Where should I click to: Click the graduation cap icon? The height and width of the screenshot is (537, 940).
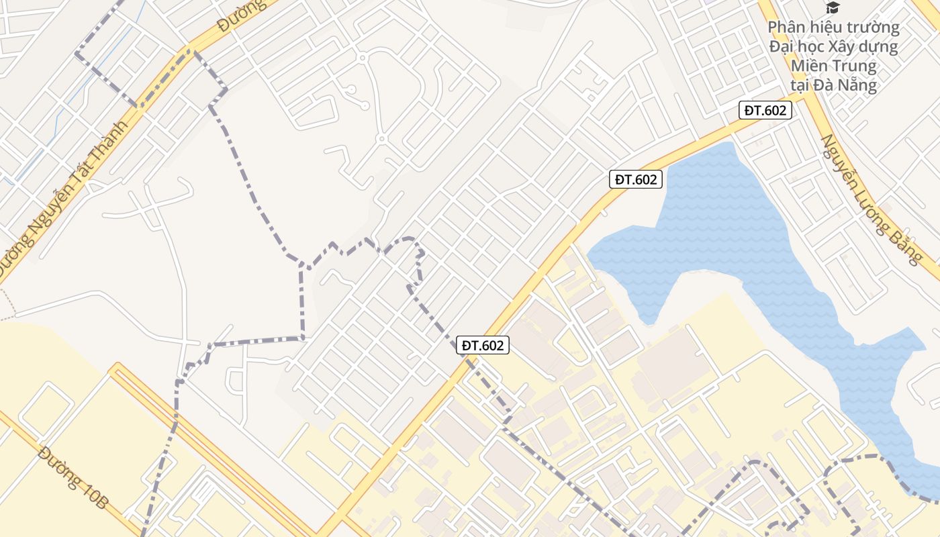[x=833, y=8]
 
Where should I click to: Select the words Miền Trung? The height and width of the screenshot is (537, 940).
[x=833, y=66]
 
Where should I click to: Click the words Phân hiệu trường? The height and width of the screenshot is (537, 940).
[x=833, y=28]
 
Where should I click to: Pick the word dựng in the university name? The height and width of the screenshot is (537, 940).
[x=876, y=47]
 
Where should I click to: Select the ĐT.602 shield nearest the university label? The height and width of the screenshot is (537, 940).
[x=765, y=111]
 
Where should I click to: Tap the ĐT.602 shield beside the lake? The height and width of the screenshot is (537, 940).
[x=636, y=179]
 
